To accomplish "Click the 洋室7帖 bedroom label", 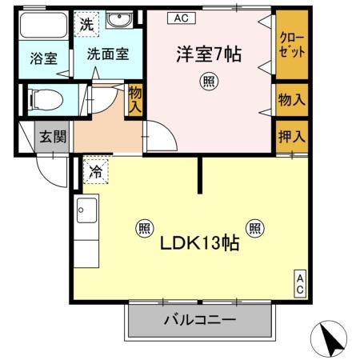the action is [209, 54].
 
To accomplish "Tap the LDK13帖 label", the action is [199, 242].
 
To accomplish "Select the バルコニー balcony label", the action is [200, 320].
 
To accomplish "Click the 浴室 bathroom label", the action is [44, 58].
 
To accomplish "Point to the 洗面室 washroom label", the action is [108, 54].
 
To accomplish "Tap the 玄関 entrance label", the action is [53, 137].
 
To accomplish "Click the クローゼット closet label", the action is [292, 45].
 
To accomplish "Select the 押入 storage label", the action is [292, 137].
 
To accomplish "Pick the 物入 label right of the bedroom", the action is [292, 100].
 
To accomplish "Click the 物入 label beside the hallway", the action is [135, 100].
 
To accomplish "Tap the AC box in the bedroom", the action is [182, 18].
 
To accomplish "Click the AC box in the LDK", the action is [300, 284].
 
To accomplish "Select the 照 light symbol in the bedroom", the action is [209, 82].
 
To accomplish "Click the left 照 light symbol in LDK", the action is [145, 228].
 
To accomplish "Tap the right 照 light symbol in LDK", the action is [255, 228].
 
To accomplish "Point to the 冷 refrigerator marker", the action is [95, 171].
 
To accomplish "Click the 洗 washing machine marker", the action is [86, 24].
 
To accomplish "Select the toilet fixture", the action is [46, 100].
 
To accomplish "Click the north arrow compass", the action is [329, 338].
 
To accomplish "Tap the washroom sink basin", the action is [119, 19].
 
